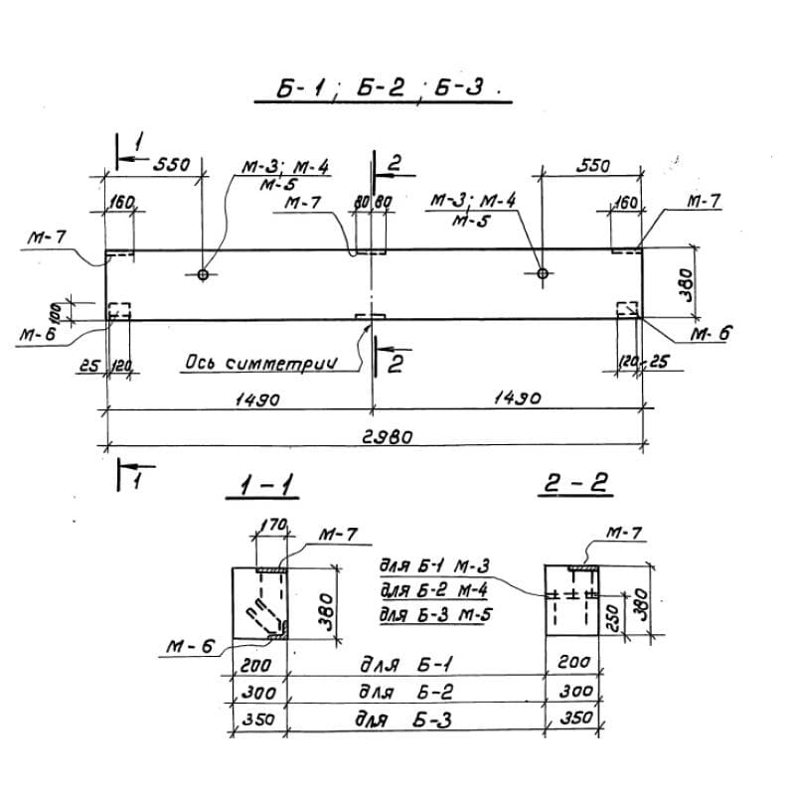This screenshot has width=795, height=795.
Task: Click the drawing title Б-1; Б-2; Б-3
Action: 384,90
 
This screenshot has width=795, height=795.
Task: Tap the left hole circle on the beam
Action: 203,273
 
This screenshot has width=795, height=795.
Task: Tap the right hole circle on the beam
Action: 542,273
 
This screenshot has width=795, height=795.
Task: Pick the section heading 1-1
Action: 262,486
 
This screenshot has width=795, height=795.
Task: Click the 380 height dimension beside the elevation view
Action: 685,284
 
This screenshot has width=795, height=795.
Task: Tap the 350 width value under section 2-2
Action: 575,718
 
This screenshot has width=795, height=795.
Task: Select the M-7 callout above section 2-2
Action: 623,535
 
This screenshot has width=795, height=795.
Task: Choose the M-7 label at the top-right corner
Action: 704,201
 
